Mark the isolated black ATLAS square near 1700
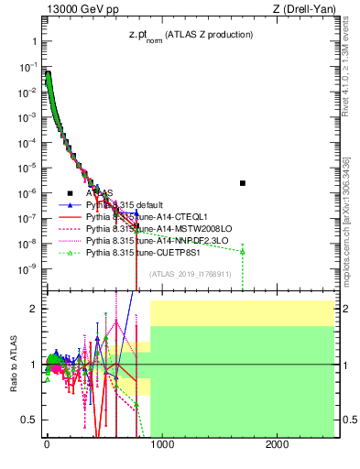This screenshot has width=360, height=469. (242, 183)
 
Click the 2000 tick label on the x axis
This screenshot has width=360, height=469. (277, 444)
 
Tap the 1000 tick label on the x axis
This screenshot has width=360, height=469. (161, 444)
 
